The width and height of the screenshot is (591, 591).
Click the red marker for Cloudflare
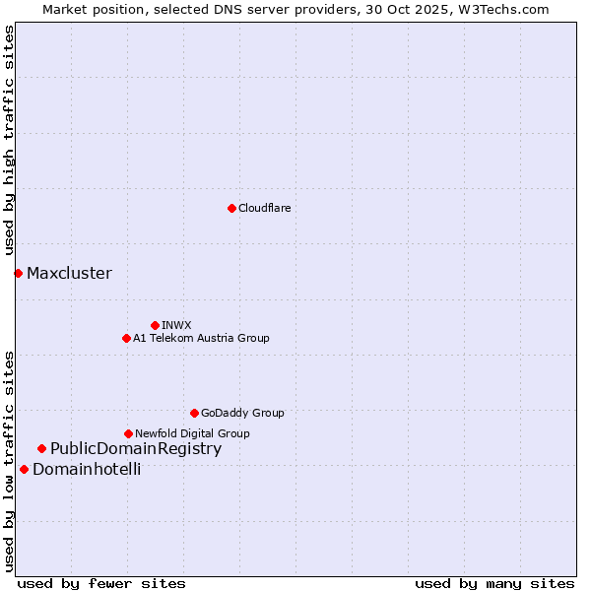pyautogui.click(x=231, y=208)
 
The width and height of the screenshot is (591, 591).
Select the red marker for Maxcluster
pyautogui.click(x=18, y=273)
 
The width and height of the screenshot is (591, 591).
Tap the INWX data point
pyautogui.click(x=155, y=325)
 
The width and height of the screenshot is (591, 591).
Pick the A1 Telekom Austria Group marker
pyautogui.click(x=126, y=338)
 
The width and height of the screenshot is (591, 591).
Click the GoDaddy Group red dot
pyautogui.click(x=194, y=413)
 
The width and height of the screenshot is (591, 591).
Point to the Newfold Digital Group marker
pyautogui.click(x=128, y=433)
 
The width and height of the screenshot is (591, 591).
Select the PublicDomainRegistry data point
pyautogui.click(x=41, y=449)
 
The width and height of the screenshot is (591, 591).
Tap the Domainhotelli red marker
pyautogui.click(x=24, y=469)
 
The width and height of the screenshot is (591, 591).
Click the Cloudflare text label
pyautogui.click(x=264, y=208)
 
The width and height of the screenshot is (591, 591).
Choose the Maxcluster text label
pyautogui.click(x=69, y=273)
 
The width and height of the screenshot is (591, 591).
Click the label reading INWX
pyautogui.click(x=176, y=325)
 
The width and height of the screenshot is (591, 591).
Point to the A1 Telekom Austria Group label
pyautogui.click(x=201, y=338)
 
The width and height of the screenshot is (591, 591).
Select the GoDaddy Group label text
pyautogui.click(x=242, y=413)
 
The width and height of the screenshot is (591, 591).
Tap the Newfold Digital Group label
pyautogui.click(x=192, y=433)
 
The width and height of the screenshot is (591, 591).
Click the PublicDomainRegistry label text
pyautogui.click(x=136, y=449)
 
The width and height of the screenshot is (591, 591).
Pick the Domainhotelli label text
pyautogui.click(x=87, y=469)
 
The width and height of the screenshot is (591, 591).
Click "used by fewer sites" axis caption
pyautogui.click(x=101, y=583)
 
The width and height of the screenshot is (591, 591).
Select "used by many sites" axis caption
pyautogui.click(x=494, y=583)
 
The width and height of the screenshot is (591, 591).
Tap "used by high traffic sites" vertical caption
pyautogui.click(x=10, y=140)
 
